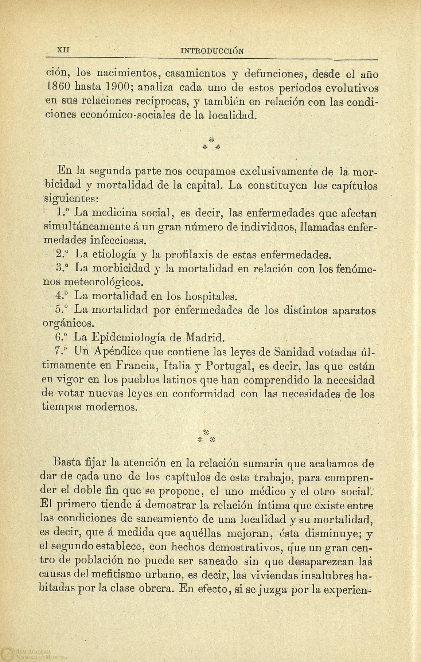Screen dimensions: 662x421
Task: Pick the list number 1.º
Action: [64, 213]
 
